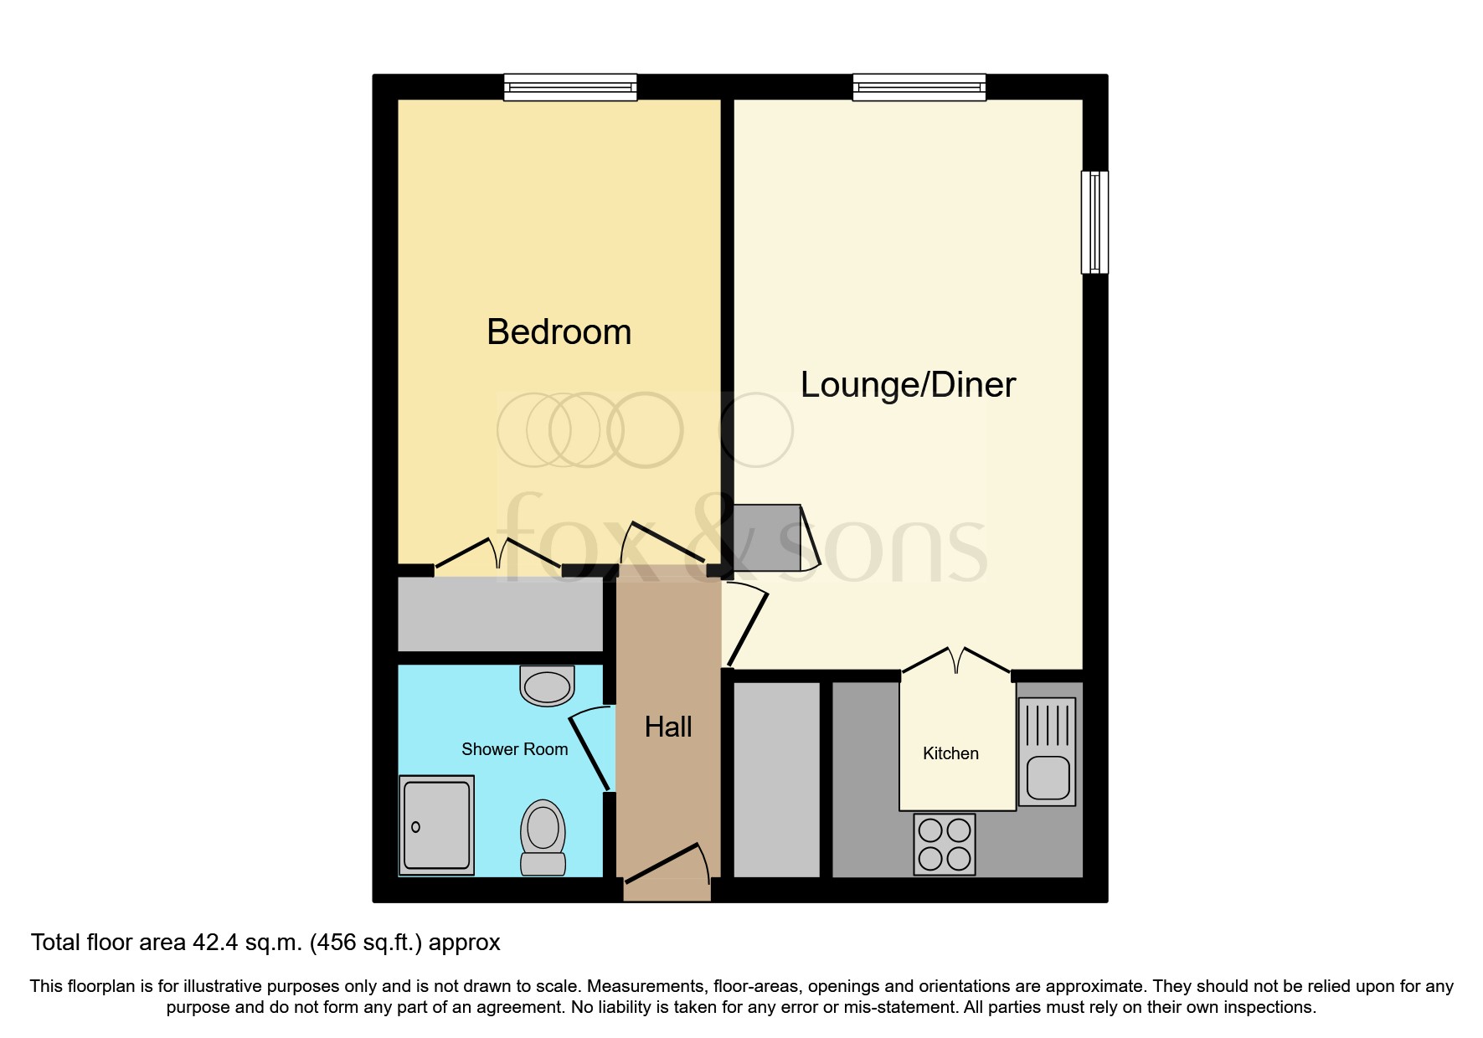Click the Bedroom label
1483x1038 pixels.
pyautogui.click(x=559, y=332)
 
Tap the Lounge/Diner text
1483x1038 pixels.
pyautogui.click(x=908, y=385)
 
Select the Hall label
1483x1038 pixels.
pyautogui.click(x=668, y=727)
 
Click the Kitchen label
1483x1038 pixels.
pyautogui.click(x=950, y=753)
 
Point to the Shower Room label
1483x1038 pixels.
pyautogui.click(x=514, y=749)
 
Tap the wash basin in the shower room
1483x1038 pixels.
pyautogui.click(x=547, y=686)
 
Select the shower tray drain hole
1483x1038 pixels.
pyautogui.click(x=415, y=827)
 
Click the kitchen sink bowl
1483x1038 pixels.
pyautogui.click(x=1048, y=777)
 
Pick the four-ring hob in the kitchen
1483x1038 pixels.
pyautogui.click(x=945, y=844)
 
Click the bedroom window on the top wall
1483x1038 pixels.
pyautogui.click(x=570, y=87)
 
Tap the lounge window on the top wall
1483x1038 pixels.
pyautogui.click(x=919, y=87)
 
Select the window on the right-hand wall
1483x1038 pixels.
pyautogui.click(x=1094, y=222)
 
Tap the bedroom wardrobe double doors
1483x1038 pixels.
pyautogui.click(x=497, y=553)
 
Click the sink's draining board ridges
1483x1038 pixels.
pyautogui.click(x=1048, y=725)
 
